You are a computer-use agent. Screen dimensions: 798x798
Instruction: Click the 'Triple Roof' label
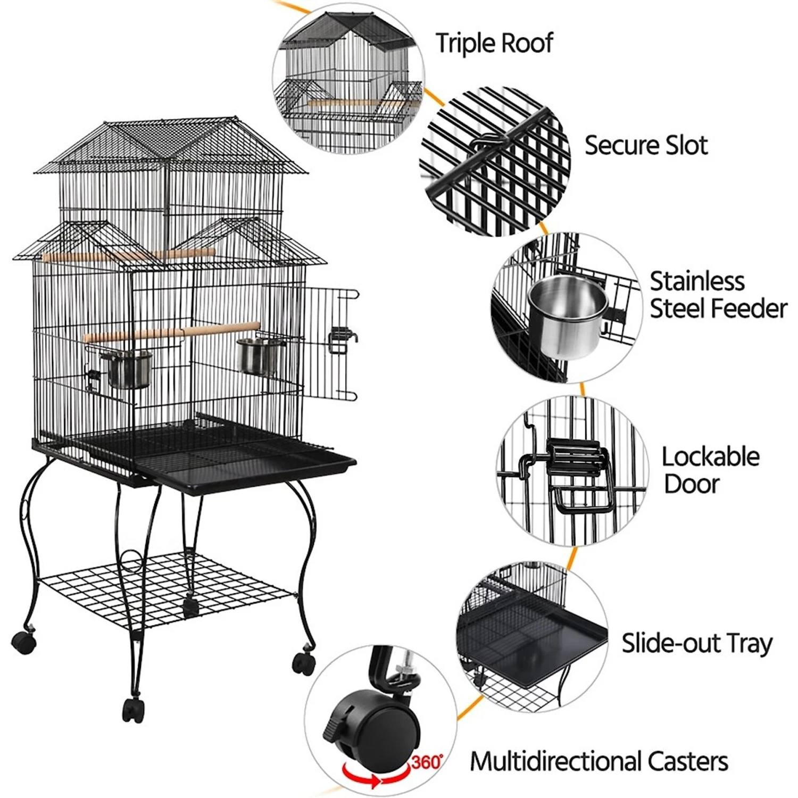pyautogui.click(x=494, y=43)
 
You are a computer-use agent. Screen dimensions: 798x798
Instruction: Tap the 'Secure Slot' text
pyautogui.click(x=646, y=145)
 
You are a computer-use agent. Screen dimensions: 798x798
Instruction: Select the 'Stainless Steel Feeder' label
pyautogui.click(x=718, y=295)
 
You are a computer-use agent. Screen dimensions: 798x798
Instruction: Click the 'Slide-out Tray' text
pyautogui.click(x=697, y=643)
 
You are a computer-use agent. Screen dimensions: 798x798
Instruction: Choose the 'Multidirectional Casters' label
pyautogui.click(x=598, y=761)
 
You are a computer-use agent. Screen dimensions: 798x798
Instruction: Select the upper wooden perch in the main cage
pyautogui.click(x=128, y=256)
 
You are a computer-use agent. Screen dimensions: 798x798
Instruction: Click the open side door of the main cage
pyautogui.click(x=330, y=343)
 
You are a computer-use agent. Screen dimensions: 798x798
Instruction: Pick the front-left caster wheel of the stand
pyautogui.click(x=24, y=642)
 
